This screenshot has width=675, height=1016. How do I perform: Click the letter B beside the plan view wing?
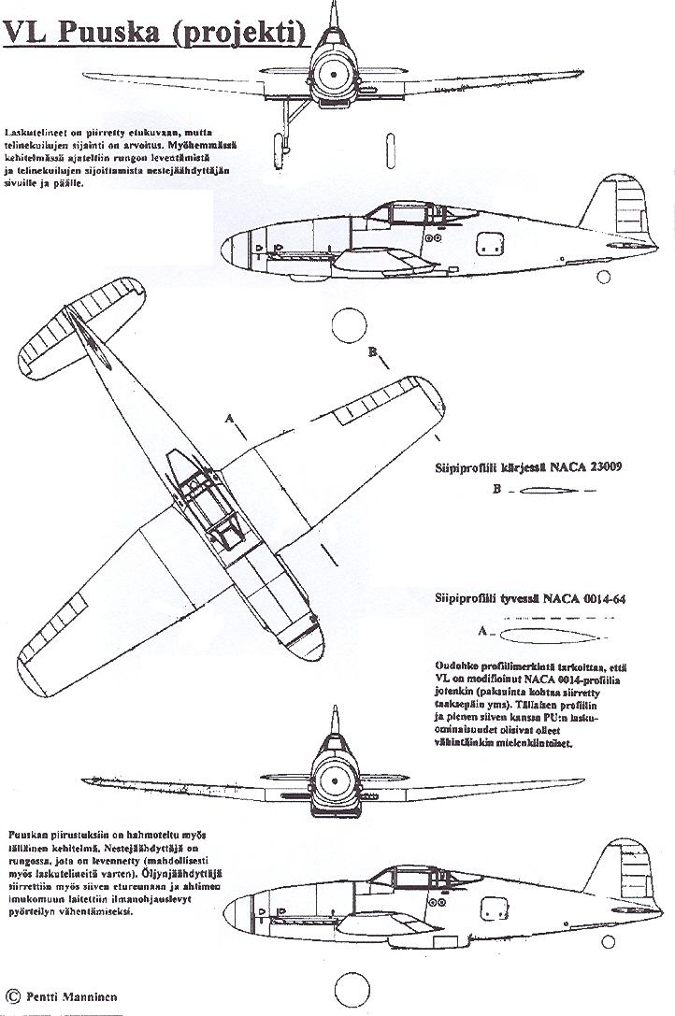tap(372, 352)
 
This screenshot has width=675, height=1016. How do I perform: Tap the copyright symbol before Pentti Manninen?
tap(12, 997)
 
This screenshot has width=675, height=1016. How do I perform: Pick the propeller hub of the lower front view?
tap(334, 775)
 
